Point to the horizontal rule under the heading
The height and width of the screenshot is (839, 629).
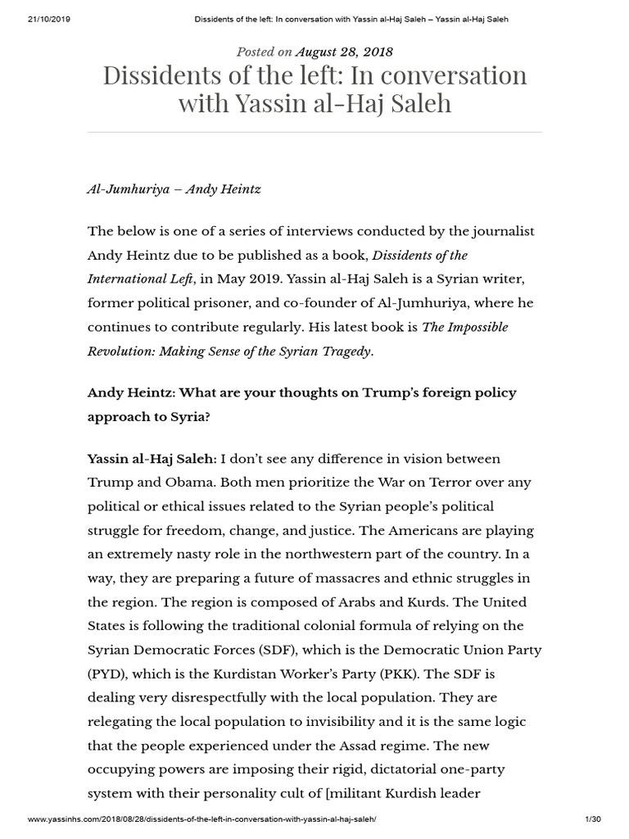click(x=314, y=132)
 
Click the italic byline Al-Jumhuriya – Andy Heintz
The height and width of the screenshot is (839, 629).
click(x=174, y=188)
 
